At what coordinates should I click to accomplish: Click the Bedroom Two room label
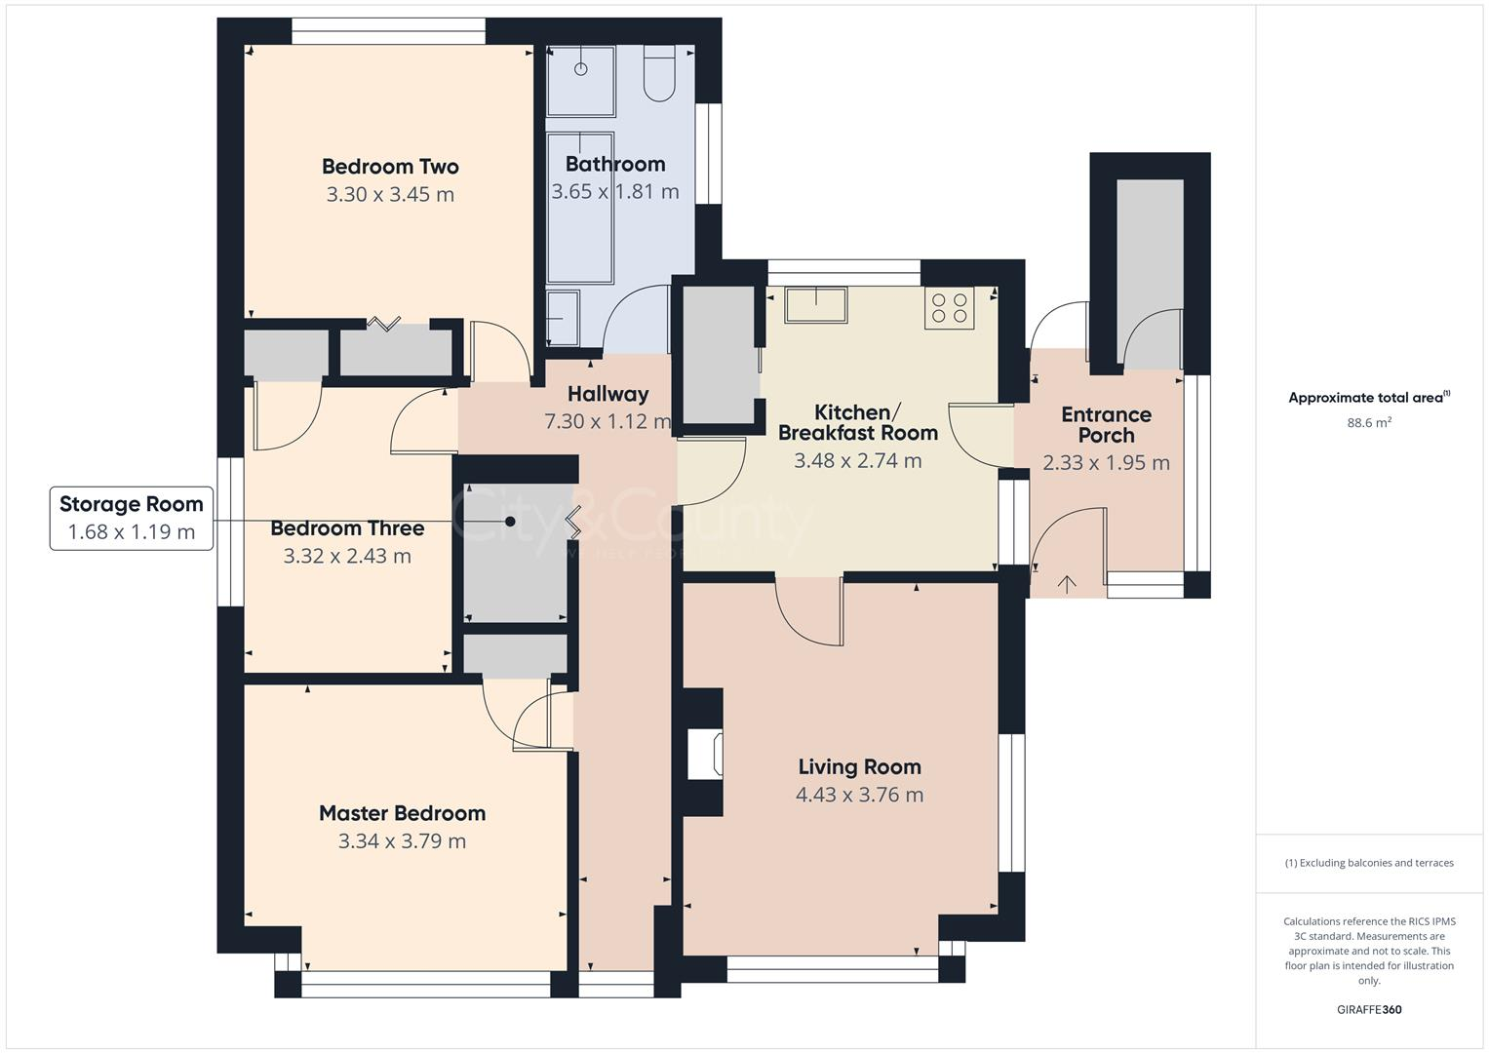click(390, 166)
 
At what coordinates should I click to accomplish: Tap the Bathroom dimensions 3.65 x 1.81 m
click(615, 192)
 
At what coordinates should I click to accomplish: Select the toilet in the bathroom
click(660, 75)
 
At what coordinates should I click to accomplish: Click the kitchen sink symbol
click(816, 305)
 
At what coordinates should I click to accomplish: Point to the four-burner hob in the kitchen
click(949, 308)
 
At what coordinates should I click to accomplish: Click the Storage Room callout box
click(132, 518)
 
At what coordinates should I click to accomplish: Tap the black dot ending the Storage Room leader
click(510, 522)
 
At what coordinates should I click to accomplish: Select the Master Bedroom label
click(402, 813)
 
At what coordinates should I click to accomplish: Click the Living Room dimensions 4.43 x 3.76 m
click(859, 795)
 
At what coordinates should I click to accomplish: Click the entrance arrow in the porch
click(1068, 585)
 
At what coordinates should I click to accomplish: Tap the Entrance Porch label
click(1106, 425)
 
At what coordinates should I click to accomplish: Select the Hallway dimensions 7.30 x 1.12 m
click(607, 421)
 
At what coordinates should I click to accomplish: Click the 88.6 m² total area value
click(1368, 423)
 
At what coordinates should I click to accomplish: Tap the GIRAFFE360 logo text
click(1368, 1009)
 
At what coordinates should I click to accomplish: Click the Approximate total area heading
click(1368, 397)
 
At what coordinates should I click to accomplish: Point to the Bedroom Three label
click(347, 528)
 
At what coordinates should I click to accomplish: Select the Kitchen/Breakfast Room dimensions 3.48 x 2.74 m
click(857, 461)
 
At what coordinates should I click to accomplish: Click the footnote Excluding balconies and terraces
click(1368, 863)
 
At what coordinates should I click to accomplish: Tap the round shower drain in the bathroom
click(581, 69)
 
